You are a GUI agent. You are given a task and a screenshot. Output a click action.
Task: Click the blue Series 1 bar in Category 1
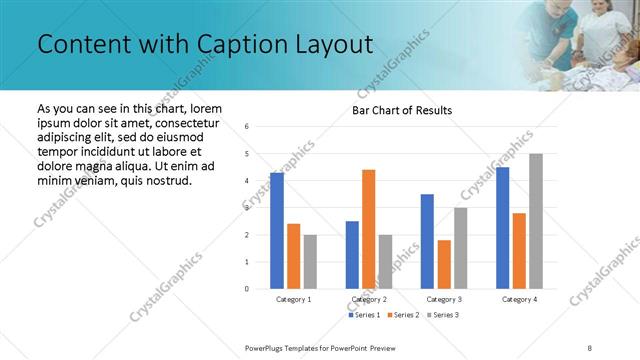pyautogui.click(x=277, y=231)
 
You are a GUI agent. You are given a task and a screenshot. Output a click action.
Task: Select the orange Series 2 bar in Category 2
pyautogui.click(x=368, y=229)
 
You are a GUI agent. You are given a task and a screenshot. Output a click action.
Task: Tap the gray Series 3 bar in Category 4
pyautogui.click(x=536, y=221)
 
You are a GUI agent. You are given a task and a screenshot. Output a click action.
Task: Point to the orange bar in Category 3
pyautogui.click(x=444, y=264)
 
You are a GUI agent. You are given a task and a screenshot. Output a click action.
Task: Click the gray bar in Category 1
pyautogui.click(x=310, y=262)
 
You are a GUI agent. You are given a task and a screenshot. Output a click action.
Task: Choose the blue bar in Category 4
pyautogui.click(x=502, y=228)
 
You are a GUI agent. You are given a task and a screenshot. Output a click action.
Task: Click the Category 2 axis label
pyautogui.click(x=368, y=299)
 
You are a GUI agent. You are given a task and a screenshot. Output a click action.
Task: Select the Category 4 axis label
pyautogui.click(x=519, y=299)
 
